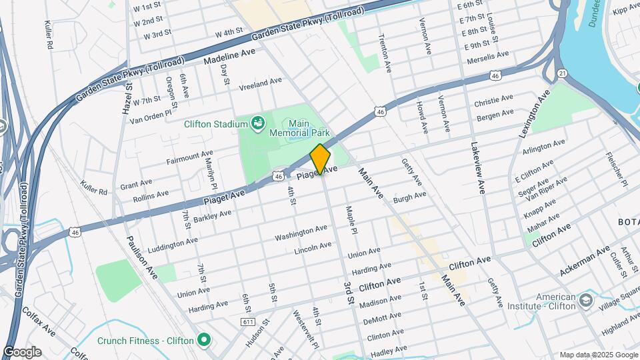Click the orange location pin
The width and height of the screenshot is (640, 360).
[x=321, y=159]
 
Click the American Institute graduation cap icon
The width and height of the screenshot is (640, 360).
[x=586, y=301]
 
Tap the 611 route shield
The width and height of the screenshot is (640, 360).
[x=249, y=321]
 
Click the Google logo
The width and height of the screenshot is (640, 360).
[x=22, y=352]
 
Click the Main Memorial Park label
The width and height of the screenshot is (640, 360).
[x=300, y=129]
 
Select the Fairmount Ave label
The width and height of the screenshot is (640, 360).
[x=189, y=159]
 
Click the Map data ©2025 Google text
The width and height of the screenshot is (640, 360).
[x=597, y=355]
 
